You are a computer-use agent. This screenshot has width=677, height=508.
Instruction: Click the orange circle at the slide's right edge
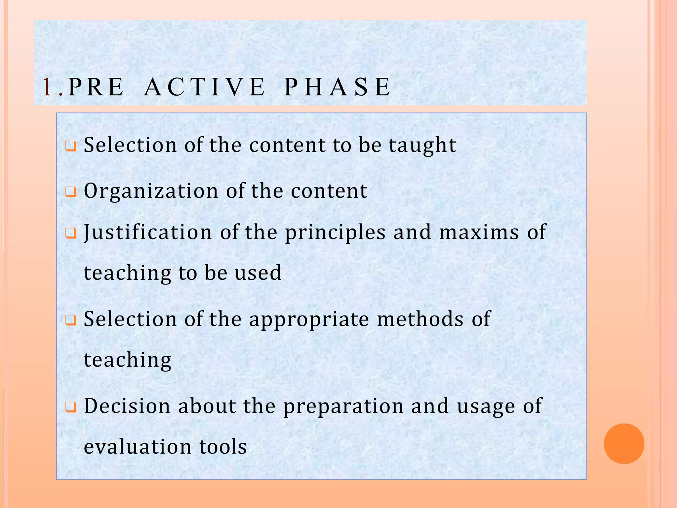pyautogui.click(x=624, y=444)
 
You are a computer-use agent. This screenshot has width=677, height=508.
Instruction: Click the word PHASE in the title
pyautogui.click(x=338, y=87)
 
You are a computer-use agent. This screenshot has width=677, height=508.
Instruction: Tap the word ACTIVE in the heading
pyautogui.click(x=205, y=87)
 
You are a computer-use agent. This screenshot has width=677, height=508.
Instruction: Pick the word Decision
pyautogui.click(x=127, y=406)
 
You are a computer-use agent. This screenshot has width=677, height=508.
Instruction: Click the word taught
pyautogui.click(x=422, y=146)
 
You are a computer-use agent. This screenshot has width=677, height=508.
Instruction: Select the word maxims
pyautogui.click(x=479, y=232)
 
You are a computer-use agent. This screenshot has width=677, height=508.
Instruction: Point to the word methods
pyautogui.click(x=420, y=319)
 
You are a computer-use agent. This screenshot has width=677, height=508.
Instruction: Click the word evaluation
pyautogui.click(x=138, y=447)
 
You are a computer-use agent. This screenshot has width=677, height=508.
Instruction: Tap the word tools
pyautogui.click(x=223, y=447)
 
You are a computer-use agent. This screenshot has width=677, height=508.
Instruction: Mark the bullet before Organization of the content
pyautogui.click(x=71, y=192)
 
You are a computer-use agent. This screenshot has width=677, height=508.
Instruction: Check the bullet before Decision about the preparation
pyautogui.click(x=71, y=407)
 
